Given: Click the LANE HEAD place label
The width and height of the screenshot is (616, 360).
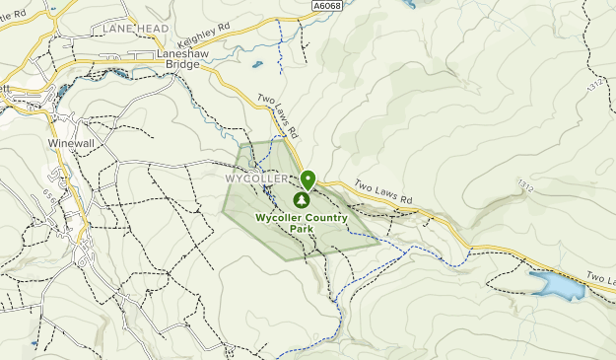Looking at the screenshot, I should click(x=135, y=30).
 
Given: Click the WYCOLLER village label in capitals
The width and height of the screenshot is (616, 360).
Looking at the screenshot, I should click(x=256, y=179).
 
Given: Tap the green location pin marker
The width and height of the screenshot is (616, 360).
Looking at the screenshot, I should click(x=308, y=180).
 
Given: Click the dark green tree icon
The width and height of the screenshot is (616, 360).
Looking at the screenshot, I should click(x=302, y=199).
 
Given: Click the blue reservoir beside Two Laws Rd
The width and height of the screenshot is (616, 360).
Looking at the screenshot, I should click(x=556, y=285).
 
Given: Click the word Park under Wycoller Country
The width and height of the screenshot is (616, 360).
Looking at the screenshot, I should click(x=302, y=229).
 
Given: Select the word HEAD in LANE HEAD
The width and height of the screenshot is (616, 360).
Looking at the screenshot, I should click(x=152, y=30).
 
